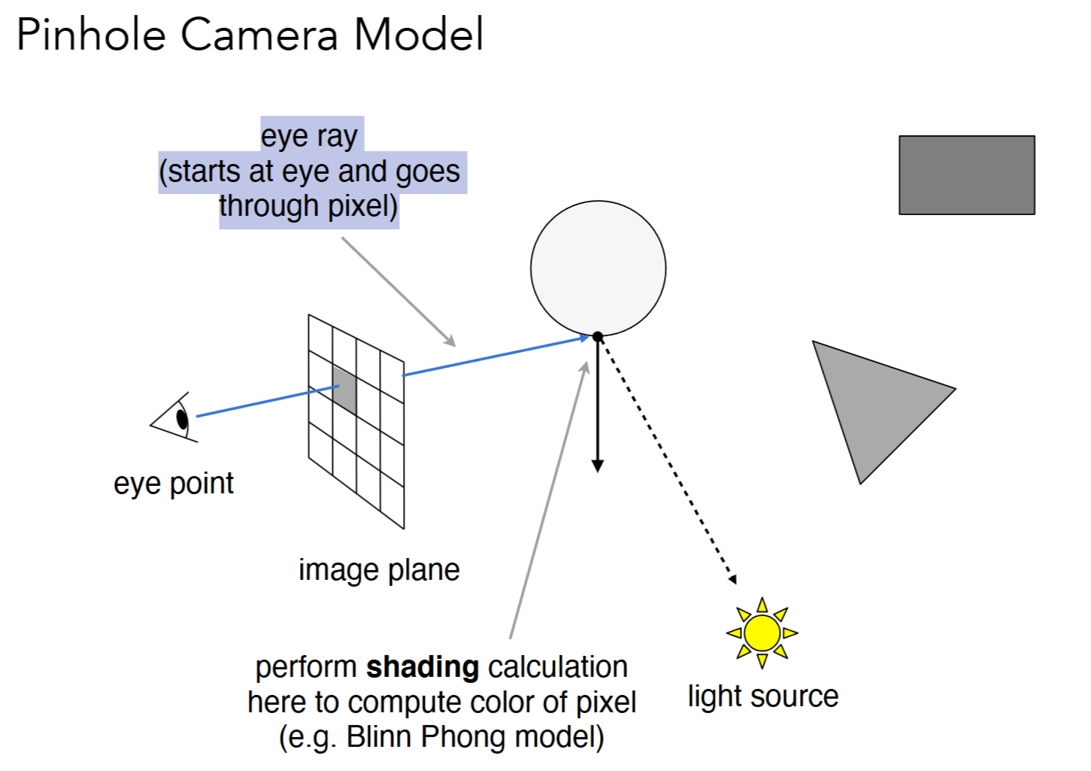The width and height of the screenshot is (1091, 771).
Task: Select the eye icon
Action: [x=178, y=417]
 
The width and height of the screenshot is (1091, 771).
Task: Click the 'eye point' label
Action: [x=174, y=483]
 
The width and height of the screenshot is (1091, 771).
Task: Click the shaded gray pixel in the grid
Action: [x=344, y=389]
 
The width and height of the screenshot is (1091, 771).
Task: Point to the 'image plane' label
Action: [x=379, y=569]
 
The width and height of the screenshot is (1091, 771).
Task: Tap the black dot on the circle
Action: [x=598, y=336]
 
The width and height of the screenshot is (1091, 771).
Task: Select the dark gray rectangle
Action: [x=966, y=175]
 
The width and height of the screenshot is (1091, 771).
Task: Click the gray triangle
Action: [x=873, y=399]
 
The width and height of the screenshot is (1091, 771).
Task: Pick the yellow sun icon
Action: [x=762, y=633]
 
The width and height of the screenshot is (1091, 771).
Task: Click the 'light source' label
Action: [x=762, y=696]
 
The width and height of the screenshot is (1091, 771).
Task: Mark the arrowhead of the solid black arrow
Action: [x=598, y=466]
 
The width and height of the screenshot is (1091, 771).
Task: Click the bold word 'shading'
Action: [x=423, y=666]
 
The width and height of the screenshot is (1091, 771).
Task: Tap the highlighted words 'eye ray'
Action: [x=309, y=136]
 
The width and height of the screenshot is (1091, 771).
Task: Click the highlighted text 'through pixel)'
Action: [x=308, y=206]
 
